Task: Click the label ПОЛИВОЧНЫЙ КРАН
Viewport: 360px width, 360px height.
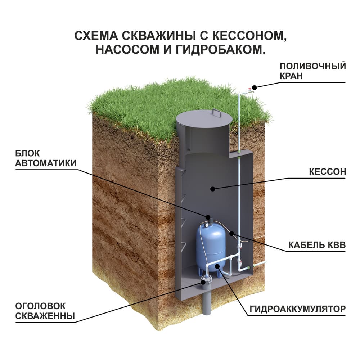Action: [x=312, y=71]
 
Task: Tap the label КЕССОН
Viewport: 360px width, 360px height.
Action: [x=327, y=171]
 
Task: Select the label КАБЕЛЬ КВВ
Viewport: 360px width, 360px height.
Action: [x=317, y=245]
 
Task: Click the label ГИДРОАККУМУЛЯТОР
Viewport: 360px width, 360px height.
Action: [x=297, y=309]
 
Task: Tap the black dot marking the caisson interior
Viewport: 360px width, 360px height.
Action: [x=213, y=188]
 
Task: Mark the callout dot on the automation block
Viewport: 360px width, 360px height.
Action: [x=208, y=217]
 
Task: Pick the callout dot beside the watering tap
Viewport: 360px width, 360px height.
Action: [x=254, y=87]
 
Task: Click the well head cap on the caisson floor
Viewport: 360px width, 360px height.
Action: [x=207, y=279]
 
